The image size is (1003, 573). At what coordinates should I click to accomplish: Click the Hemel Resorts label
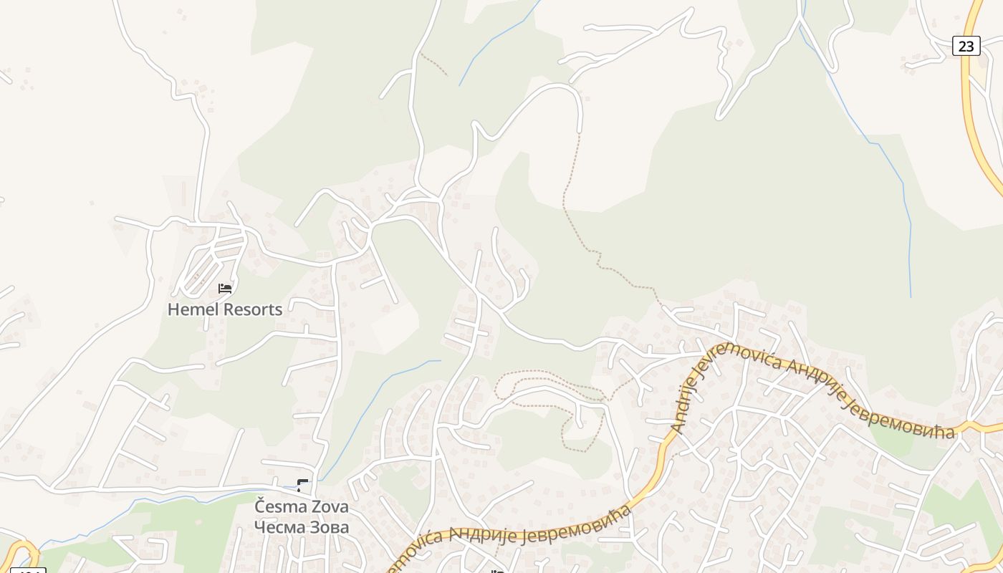point(225,309)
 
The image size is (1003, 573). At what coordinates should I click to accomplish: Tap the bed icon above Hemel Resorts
point(225,289)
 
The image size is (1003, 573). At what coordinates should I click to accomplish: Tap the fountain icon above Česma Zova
point(302,485)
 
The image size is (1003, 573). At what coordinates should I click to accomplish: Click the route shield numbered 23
point(966,46)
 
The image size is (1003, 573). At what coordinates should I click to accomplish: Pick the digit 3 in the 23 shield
point(970,46)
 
